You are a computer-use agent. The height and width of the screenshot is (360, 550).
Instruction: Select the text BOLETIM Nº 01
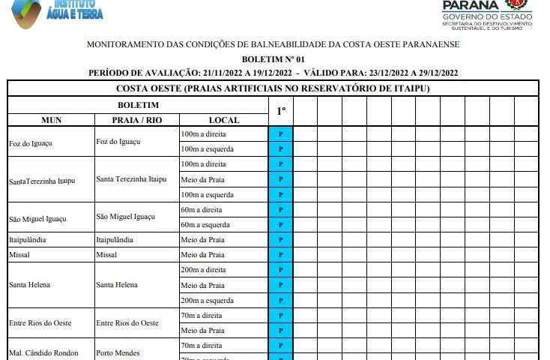(x=273, y=58)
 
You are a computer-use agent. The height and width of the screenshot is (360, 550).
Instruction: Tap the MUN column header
(x=51, y=120)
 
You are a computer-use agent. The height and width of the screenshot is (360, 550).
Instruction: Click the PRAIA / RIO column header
(x=136, y=120)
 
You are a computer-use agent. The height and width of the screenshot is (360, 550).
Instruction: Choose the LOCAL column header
(x=223, y=120)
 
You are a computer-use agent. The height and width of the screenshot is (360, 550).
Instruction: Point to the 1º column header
(x=280, y=111)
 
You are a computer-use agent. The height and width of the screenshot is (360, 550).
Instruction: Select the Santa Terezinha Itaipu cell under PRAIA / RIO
(x=131, y=179)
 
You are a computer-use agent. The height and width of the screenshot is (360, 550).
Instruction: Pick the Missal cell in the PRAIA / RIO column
(x=108, y=255)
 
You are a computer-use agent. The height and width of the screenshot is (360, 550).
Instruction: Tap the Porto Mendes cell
(x=118, y=352)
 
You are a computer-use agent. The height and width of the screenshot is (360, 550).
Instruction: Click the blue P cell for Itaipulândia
(x=280, y=240)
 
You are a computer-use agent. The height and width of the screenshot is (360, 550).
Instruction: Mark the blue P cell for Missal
(x=280, y=255)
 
